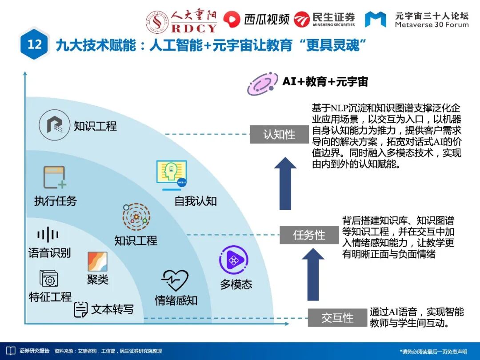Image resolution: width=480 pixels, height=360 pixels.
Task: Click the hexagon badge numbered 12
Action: [x=35, y=44]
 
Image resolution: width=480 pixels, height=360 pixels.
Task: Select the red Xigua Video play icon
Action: [x=232, y=19]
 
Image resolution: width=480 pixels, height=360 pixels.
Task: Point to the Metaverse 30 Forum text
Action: [x=432, y=20]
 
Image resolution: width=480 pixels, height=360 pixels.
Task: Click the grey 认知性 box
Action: [x=279, y=134]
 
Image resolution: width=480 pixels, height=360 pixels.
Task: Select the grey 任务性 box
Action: [x=309, y=235]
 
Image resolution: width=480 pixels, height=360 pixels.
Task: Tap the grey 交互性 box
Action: [x=337, y=317]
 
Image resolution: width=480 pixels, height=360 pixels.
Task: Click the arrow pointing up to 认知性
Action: [x=285, y=183]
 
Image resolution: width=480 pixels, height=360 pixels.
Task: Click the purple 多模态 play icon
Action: [x=233, y=260]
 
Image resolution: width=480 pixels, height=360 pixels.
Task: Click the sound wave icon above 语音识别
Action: [x=48, y=235]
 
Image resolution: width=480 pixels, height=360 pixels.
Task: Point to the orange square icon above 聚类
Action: [x=97, y=262]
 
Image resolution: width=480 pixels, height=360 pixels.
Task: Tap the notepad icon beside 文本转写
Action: [x=80, y=310]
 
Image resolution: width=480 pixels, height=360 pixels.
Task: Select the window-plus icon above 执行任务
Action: [x=55, y=177]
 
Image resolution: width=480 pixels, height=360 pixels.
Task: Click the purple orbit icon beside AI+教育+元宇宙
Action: [x=263, y=83]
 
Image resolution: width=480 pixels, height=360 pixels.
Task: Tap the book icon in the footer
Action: [x=10, y=351]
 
